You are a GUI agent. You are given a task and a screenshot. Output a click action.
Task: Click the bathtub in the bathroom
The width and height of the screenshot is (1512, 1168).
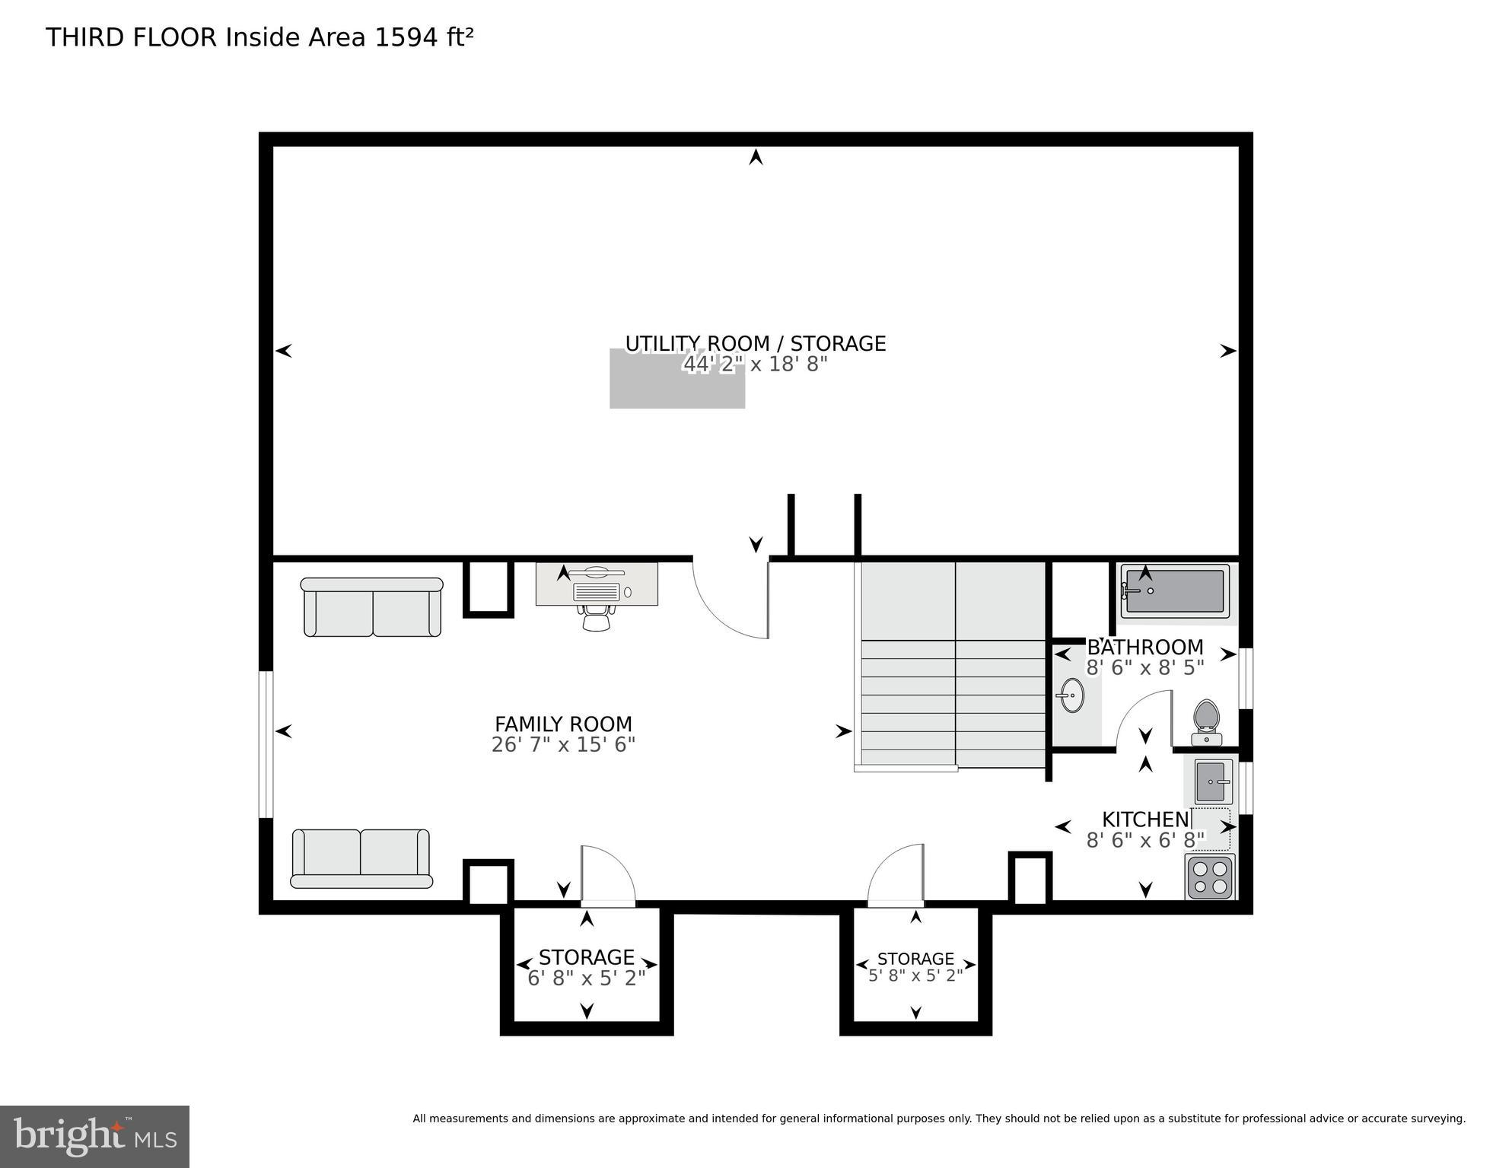(1175, 591)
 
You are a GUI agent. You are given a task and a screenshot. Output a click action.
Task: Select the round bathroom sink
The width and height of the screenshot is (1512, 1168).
(1072, 695)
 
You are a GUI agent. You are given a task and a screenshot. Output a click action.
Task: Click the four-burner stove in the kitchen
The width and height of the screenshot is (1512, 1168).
(1209, 877)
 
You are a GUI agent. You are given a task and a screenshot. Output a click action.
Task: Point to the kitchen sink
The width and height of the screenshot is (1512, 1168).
(1213, 781)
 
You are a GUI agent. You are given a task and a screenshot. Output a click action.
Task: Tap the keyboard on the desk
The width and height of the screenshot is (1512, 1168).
(597, 592)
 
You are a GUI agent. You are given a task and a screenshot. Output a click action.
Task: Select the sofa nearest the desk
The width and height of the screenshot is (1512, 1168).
(372, 606)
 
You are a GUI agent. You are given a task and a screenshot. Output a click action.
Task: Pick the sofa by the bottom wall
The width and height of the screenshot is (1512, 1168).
(361, 858)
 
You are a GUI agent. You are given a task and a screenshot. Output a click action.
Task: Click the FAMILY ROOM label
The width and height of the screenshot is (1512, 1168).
(563, 724)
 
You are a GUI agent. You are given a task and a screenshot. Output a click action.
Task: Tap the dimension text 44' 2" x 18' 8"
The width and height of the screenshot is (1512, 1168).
(755, 364)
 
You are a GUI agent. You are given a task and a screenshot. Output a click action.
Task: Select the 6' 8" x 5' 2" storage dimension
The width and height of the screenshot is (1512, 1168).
(586, 978)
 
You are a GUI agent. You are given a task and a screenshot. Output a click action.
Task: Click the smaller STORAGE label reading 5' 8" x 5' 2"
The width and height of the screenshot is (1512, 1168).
(915, 959)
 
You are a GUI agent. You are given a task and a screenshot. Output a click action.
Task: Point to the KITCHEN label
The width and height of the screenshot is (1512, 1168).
(1145, 820)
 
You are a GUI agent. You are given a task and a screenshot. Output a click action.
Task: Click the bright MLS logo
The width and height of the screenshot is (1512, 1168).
(94, 1136)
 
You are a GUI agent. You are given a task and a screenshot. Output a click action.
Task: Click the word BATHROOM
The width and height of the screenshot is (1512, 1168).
(1144, 648)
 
